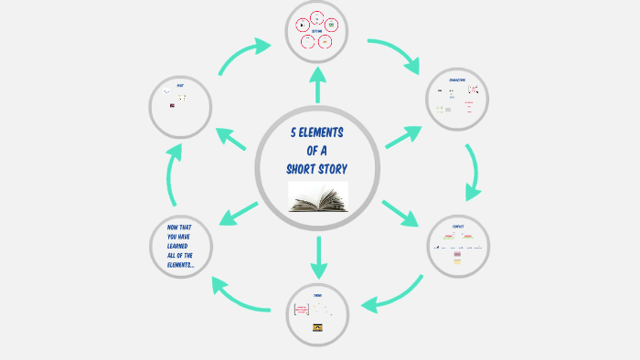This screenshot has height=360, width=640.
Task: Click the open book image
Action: click(x=318, y=197)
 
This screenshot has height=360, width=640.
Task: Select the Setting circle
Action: click(x=317, y=31)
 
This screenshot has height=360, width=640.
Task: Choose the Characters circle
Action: click(x=457, y=99)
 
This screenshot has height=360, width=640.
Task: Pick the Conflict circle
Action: click(x=458, y=245)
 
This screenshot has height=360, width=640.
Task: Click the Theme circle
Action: click(x=317, y=314)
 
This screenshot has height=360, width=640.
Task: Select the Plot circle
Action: click(x=180, y=107)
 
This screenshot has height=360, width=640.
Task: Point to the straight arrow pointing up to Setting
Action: click(x=318, y=85)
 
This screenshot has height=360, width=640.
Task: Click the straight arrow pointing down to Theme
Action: click(x=318, y=258)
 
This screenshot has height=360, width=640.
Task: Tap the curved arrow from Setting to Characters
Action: click(x=395, y=53)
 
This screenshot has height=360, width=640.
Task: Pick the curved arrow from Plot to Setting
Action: click(x=243, y=55)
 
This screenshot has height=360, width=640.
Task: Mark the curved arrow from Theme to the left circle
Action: click(x=240, y=296)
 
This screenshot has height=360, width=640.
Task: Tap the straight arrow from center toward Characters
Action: click(x=403, y=136)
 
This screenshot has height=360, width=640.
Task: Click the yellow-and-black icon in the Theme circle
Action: click(x=317, y=327)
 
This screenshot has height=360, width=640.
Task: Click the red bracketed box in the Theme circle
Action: click(x=302, y=310)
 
